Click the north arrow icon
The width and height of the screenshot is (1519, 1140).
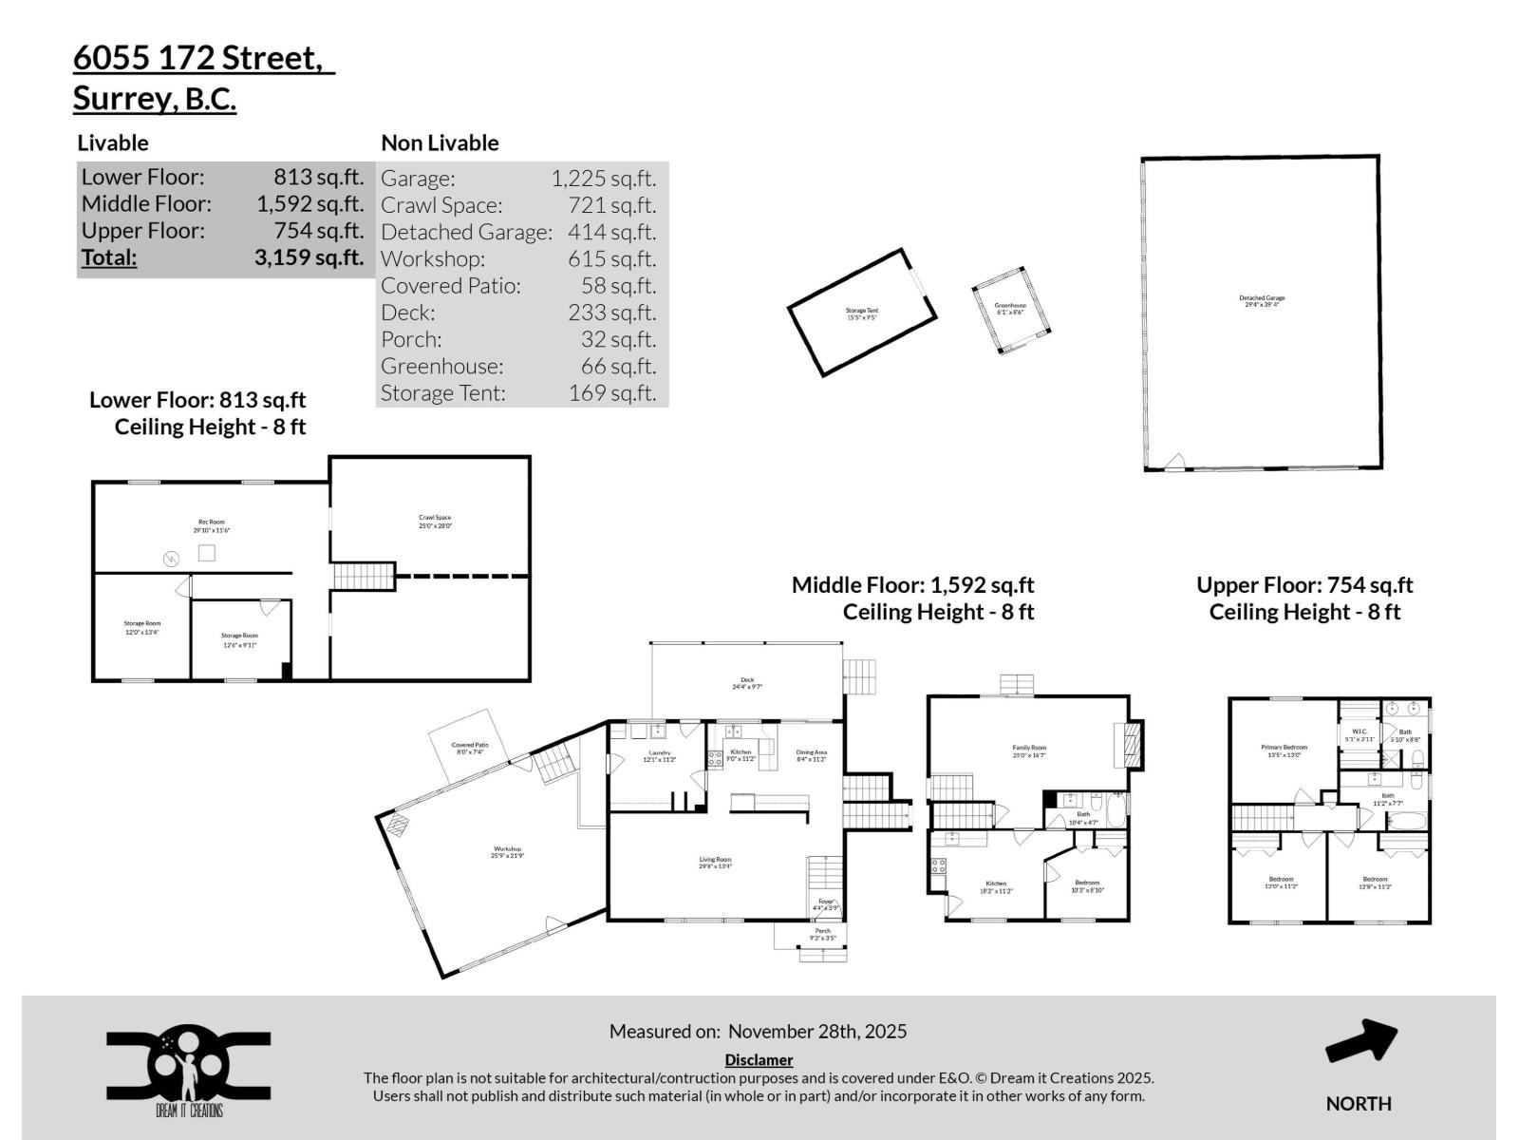pyautogui.click(x=1360, y=1042)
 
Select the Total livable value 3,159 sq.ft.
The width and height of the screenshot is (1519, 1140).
pyautogui.click(x=309, y=257)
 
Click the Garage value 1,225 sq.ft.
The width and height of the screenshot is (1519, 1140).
pyautogui.click(x=603, y=179)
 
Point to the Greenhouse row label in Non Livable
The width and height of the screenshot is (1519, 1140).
pyautogui.click(x=441, y=366)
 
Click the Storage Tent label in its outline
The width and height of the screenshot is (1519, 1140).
pyautogui.click(x=862, y=313)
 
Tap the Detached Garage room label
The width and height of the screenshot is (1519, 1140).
pyautogui.click(x=1262, y=301)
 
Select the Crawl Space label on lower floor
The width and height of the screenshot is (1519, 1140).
pyautogui.click(x=435, y=522)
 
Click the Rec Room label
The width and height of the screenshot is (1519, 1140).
pyautogui.click(x=211, y=525)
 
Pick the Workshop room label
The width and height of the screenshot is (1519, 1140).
pyautogui.click(x=507, y=852)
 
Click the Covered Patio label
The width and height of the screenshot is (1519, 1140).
pyautogui.click(x=469, y=749)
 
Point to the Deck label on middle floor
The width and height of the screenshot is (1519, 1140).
pyautogui.click(x=747, y=682)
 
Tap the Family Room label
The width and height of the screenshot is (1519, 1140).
pyautogui.click(x=1028, y=750)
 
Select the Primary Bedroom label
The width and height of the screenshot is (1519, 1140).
pyautogui.click(x=1284, y=750)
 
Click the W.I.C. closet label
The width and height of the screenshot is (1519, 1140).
pyautogui.click(x=1359, y=734)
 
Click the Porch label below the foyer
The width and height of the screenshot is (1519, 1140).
pyautogui.click(x=822, y=934)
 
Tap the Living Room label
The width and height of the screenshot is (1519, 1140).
pyautogui.click(x=715, y=862)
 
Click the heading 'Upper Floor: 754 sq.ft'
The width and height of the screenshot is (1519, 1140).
pyautogui.click(x=1303, y=585)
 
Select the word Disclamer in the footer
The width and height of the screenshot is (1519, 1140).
pyautogui.click(x=759, y=1059)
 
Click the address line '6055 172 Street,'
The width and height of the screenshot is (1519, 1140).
pyautogui.click(x=203, y=58)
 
